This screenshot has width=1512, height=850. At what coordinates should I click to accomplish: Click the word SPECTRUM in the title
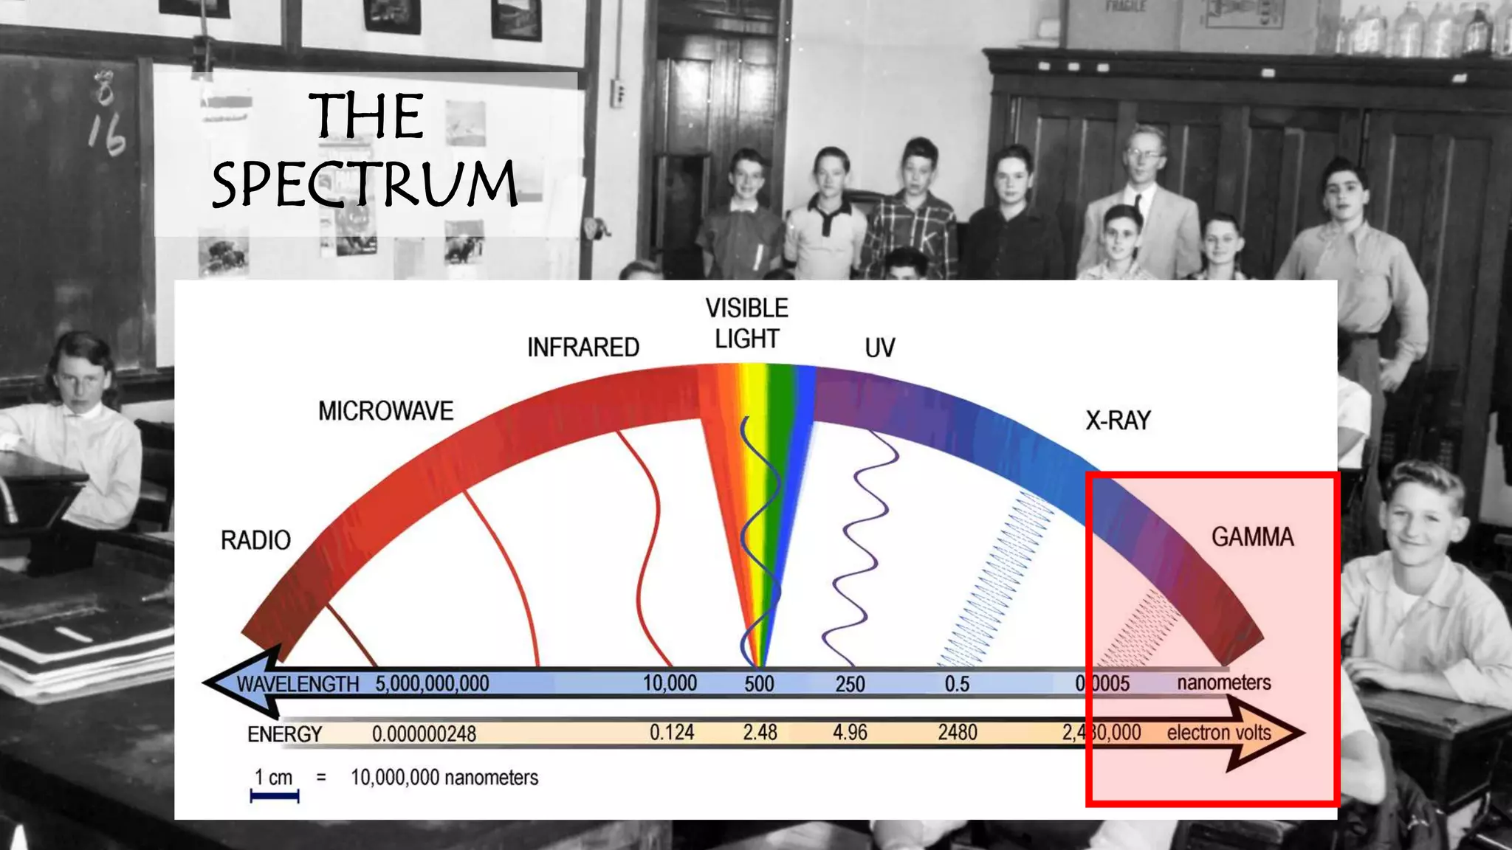[364, 183]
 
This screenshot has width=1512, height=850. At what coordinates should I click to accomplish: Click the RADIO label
[255, 540]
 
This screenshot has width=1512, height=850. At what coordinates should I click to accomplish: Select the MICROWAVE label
[385, 411]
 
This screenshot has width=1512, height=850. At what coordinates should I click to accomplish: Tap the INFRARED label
[583, 347]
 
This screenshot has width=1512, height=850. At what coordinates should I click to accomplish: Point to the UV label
[879, 348]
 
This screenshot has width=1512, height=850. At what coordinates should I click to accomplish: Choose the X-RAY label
[1118, 421]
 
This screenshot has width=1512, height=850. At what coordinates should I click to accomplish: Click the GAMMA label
[1252, 537]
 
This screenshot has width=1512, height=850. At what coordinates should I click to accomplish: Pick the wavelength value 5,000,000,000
[432, 684]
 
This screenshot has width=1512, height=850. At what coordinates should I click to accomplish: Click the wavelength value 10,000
[670, 683]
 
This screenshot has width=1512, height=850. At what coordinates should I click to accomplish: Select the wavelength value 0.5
[957, 684]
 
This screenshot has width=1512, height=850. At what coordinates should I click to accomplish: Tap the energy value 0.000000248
[424, 734]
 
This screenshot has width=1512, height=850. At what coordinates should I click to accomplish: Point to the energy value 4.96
[850, 733]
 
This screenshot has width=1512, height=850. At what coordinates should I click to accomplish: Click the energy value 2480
[958, 733]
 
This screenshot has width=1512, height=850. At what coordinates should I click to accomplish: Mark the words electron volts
[1219, 733]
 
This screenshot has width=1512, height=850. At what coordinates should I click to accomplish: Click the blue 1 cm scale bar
[275, 795]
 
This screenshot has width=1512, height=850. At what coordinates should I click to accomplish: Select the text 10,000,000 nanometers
[444, 778]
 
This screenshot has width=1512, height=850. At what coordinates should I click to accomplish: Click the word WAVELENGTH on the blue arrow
[298, 684]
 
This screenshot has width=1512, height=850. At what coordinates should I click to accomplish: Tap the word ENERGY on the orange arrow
[285, 734]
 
